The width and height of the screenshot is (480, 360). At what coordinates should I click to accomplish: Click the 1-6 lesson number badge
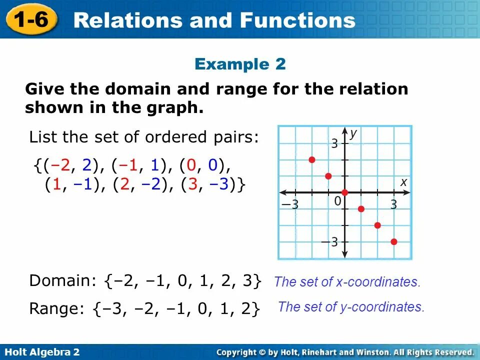tap(31, 19)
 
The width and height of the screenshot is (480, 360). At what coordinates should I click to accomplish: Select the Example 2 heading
tap(240, 64)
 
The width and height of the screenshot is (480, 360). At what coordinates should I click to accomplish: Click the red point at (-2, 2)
tap(312, 160)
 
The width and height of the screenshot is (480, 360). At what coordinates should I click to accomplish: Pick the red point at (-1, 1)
tap(328, 176)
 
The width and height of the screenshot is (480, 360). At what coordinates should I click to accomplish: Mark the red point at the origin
tap(344, 192)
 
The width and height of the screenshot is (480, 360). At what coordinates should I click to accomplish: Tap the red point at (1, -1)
tap(361, 209)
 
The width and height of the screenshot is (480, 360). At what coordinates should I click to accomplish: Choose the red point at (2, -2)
tap(377, 225)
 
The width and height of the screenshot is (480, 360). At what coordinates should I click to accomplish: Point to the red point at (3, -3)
tap(394, 242)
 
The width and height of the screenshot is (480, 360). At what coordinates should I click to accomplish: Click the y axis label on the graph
tap(353, 133)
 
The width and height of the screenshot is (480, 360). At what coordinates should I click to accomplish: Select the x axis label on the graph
tap(403, 183)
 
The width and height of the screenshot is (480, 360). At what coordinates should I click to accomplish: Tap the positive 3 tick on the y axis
tap(334, 144)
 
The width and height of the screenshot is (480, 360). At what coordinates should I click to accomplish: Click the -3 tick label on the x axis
tap(290, 204)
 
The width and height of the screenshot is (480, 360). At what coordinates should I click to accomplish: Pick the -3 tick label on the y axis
tap(330, 242)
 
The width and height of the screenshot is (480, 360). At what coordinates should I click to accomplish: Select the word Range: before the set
tap(57, 308)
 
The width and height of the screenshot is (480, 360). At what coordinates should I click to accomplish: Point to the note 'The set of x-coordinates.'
tap(347, 282)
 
